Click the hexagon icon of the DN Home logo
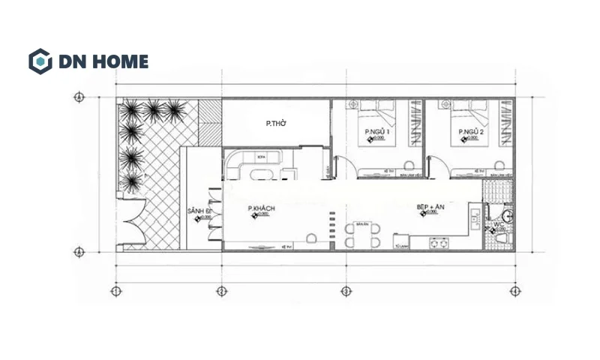[x=40, y=61]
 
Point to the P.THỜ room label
[x=277, y=124]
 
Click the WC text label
[x=499, y=224]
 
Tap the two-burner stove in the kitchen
[x=439, y=244]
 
